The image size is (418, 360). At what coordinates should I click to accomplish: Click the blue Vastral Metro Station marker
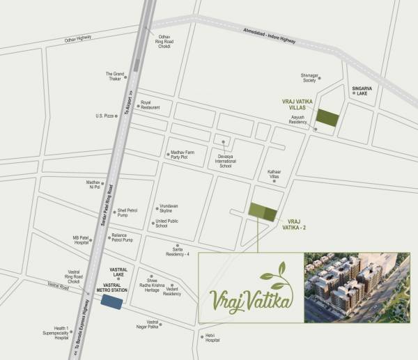coord(111,301)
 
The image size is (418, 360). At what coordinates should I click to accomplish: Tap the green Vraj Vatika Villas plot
coord(327,119)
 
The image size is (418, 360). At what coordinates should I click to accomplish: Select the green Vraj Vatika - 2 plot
coord(263,211)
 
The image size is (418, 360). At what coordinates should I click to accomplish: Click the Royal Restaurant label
coord(150,105)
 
